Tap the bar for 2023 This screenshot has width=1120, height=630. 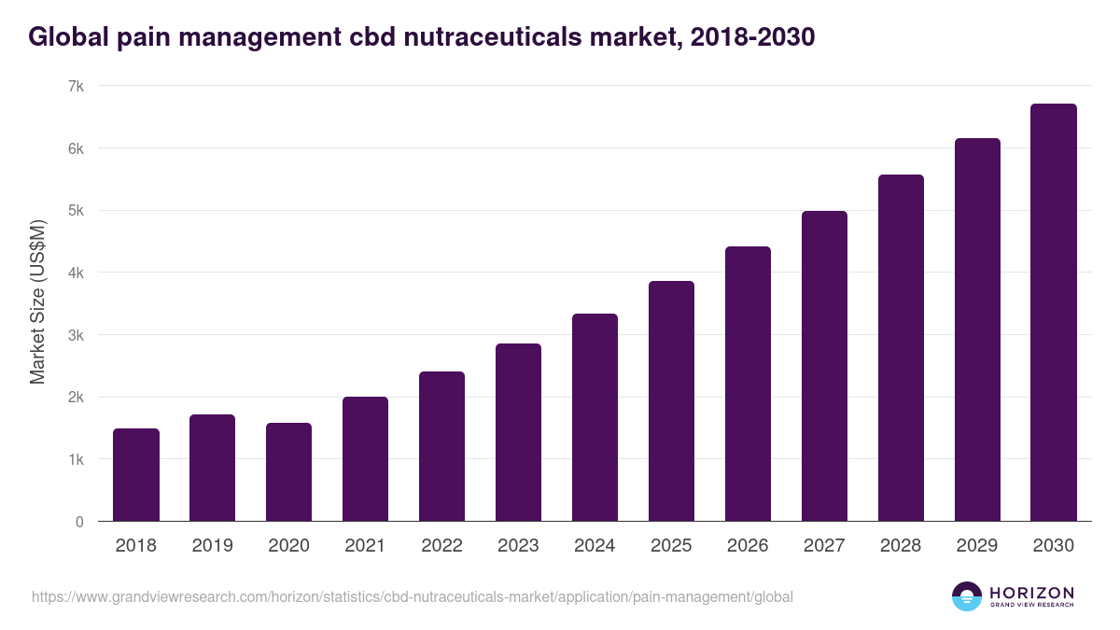tap(518, 432)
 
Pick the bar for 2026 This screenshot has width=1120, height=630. tap(748, 384)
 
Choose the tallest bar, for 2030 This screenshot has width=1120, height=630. tap(1054, 312)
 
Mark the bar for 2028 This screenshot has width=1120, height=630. tap(901, 347)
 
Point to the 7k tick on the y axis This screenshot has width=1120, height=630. tap(76, 86)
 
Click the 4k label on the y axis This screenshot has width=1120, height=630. tap(76, 273)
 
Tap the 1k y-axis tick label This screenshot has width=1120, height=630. tap(76, 459)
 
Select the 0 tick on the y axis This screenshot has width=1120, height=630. tap(79, 522)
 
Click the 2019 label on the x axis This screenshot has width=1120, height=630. tap(213, 546)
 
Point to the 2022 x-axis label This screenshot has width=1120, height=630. tap(441, 546)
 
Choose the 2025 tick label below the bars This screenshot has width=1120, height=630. tap(671, 546)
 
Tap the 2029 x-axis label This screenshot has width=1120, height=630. tap(977, 546)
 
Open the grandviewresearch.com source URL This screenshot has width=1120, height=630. tap(412, 596)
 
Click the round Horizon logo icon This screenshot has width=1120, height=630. tap(966, 596)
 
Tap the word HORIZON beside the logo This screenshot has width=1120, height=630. tap(1031, 593)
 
